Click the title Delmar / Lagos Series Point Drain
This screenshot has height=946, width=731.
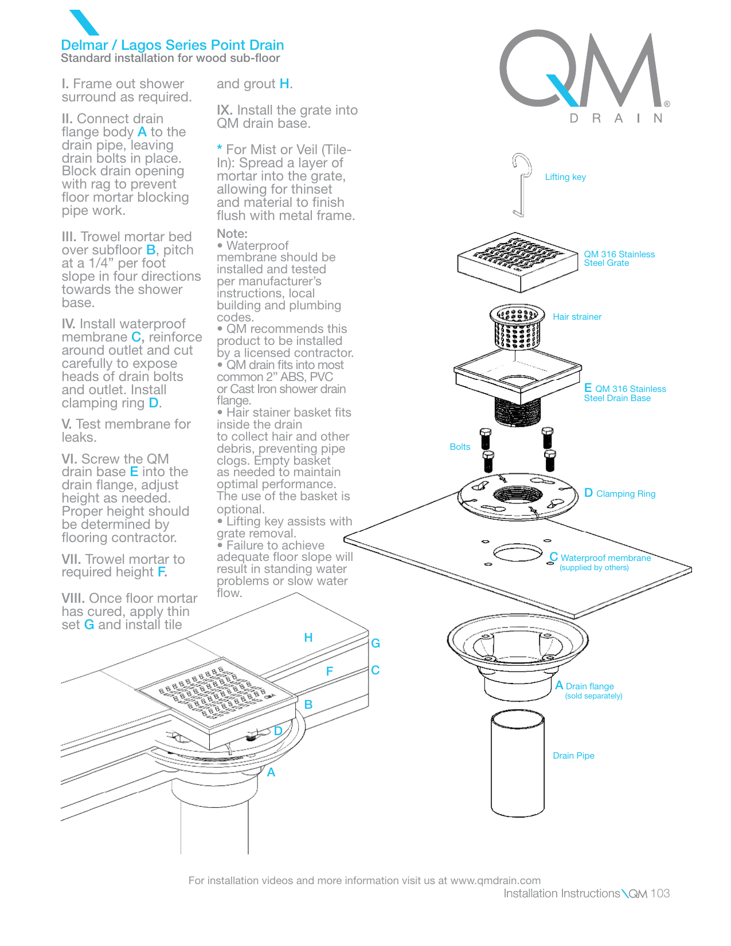172,45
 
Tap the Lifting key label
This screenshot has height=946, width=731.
565,177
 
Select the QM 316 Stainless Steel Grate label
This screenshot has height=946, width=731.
619,258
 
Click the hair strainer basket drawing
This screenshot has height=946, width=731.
517,326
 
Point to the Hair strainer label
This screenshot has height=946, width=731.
577,317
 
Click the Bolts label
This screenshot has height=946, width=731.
459,447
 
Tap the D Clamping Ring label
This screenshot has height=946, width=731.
620,493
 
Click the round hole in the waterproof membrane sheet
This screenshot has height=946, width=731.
517,553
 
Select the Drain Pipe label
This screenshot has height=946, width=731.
573,756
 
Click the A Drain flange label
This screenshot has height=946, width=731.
585,686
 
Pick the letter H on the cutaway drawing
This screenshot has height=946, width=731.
308,638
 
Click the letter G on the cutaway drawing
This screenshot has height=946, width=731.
376,643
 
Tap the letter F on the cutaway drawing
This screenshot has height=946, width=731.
330,672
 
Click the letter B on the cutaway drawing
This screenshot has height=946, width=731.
308,705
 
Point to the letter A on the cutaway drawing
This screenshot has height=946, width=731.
271,773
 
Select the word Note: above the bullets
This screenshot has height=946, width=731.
232,234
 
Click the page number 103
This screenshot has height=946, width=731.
660,893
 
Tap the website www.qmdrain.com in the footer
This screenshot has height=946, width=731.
495,881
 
